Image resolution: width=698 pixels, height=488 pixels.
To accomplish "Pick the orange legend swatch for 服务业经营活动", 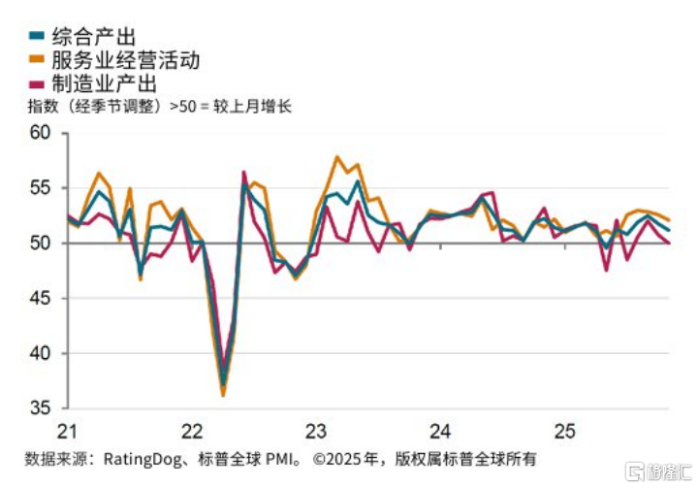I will [36, 60].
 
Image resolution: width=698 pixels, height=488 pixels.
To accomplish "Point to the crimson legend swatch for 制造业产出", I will [36, 84].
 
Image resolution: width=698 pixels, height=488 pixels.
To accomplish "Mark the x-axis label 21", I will [68, 430].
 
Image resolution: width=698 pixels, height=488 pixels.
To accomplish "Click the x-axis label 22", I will [192, 430].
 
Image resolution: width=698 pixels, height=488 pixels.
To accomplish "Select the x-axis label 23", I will [316, 430].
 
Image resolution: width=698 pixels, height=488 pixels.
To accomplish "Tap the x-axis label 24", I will [440, 430].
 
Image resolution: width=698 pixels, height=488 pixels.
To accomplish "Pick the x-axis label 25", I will [564, 430].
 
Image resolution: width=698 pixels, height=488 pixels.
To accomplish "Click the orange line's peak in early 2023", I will [336, 156].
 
